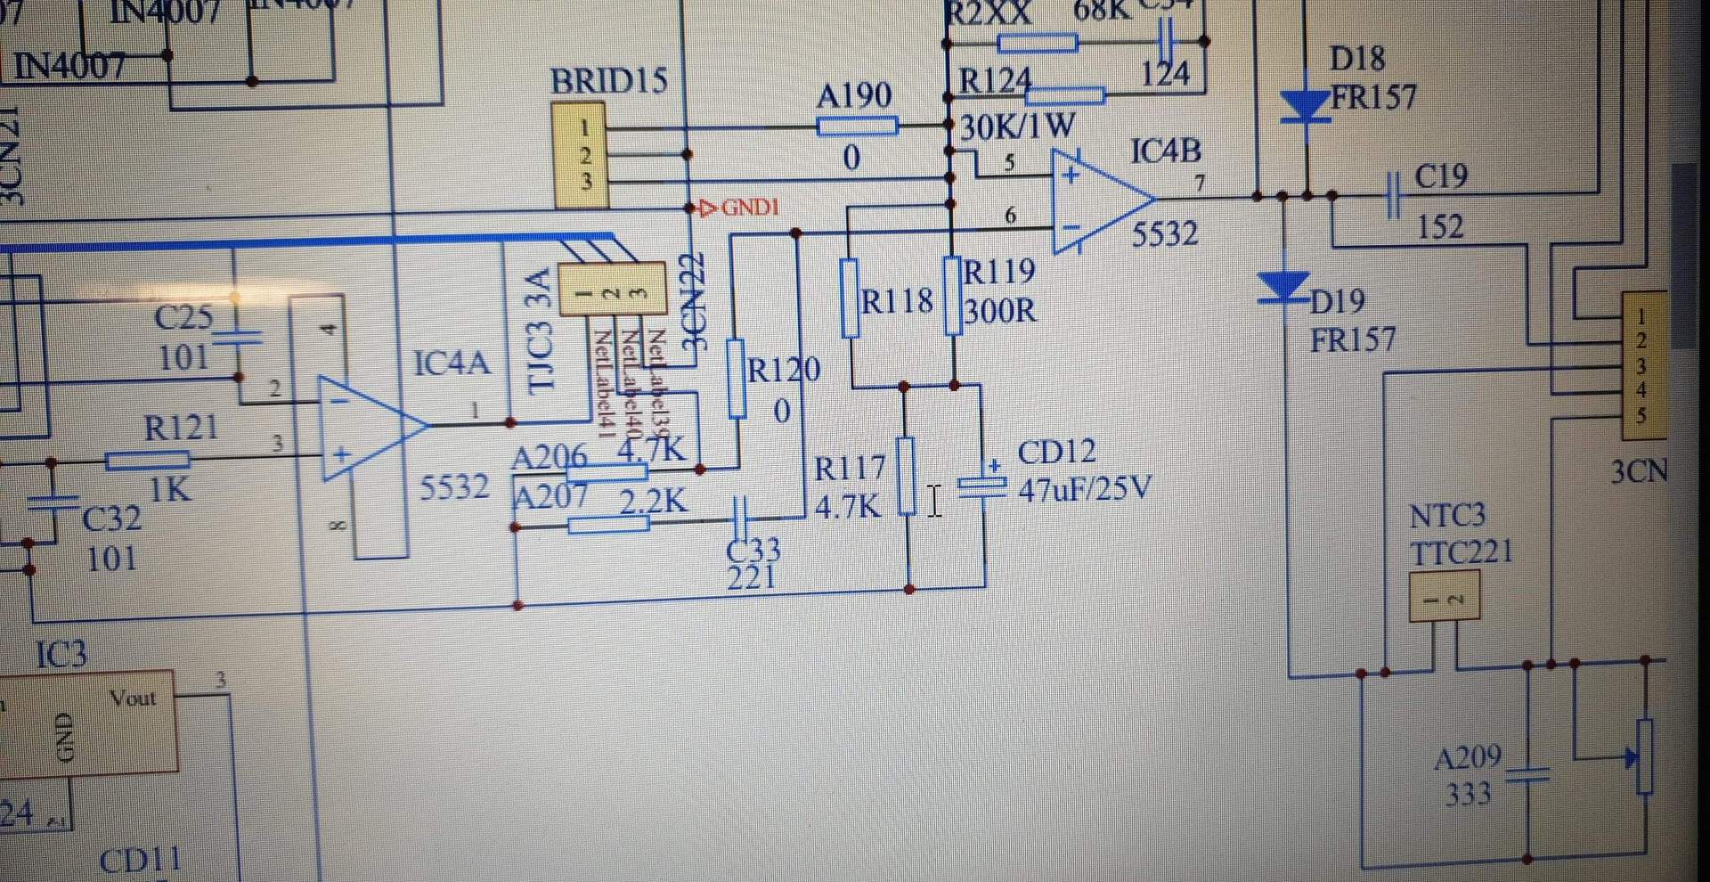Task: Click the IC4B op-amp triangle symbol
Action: coord(1097,200)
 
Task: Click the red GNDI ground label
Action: coord(741,208)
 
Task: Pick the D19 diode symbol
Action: coord(1283,287)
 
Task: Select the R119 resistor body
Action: coord(953,296)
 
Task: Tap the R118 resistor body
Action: coord(850,298)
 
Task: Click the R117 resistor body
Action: coord(906,476)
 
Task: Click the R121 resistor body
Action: coord(148,461)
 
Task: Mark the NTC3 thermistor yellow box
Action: coord(1444,597)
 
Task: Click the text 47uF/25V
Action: coord(1085,489)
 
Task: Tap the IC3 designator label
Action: coord(61,656)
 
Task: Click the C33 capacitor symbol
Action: coord(740,515)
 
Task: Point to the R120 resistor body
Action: coord(737,379)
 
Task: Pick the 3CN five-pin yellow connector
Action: coord(1642,365)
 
